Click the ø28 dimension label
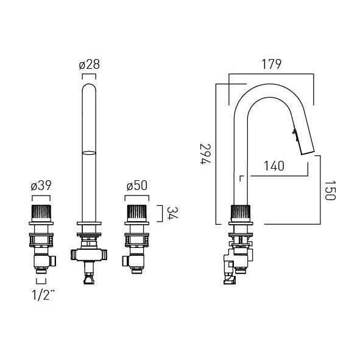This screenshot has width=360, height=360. (x=90, y=65)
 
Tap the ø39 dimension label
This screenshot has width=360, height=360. (x=41, y=186)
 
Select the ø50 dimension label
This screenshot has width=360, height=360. (x=137, y=186)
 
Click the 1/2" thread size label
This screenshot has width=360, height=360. (x=43, y=295)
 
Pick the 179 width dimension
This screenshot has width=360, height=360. (x=272, y=65)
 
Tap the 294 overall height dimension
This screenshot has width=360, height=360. (x=205, y=154)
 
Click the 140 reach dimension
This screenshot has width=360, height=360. (x=274, y=166)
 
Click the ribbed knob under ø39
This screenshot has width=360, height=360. (x=41, y=213)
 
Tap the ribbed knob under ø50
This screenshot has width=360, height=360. (x=137, y=213)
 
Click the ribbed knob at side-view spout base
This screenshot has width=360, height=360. (x=241, y=213)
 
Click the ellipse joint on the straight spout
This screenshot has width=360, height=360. (x=89, y=153)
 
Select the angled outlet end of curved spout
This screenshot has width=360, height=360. (x=308, y=153)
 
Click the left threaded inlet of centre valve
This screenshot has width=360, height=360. (x=74, y=255)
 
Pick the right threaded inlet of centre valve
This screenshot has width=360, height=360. (x=104, y=255)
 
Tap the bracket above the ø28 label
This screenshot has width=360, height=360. (x=89, y=74)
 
